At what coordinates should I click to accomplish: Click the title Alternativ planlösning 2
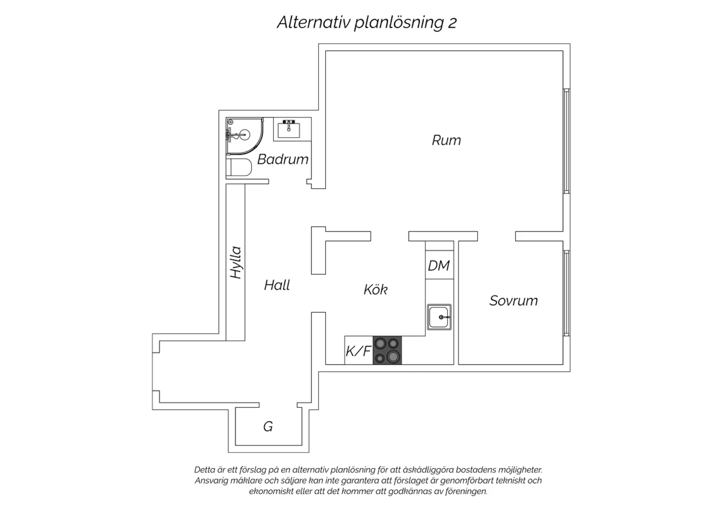[x=367, y=23]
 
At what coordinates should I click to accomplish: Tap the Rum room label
[x=446, y=140]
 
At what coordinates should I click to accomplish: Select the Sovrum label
[x=514, y=301]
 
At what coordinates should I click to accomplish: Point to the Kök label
[x=375, y=289]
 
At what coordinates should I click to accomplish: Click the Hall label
[x=277, y=285]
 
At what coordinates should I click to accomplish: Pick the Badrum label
[x=283, y=159]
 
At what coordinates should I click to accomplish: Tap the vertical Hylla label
[x=236, y=262]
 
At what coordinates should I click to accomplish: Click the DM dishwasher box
[x=439, y=265]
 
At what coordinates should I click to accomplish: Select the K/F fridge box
[x=359, y=350]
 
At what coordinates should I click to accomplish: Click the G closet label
[x=268, y=427]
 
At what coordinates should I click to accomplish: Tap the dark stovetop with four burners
[x=387, y=350]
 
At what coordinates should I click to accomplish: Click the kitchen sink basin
[x=439, y=317]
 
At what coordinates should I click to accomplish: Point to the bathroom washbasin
[x=289, y=129]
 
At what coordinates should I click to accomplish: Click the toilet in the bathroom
[x=239, y=167]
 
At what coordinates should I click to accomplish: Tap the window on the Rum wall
[x=567, y=141]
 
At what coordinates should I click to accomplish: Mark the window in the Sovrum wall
[x=567, y=293]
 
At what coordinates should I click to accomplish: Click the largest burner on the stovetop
[x=394, y=357]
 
